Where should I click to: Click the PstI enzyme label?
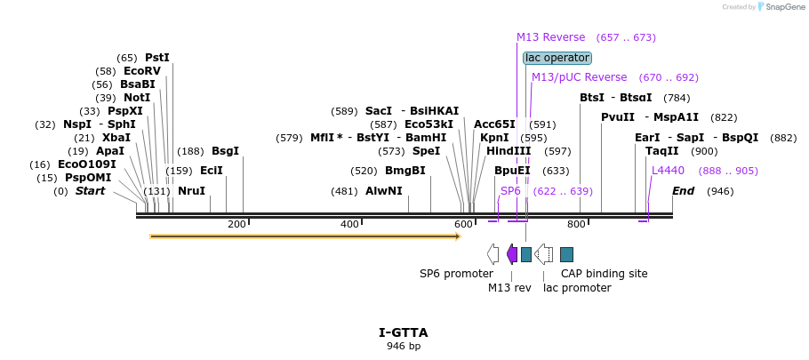tap(156, 58)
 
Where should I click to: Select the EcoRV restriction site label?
tap(142, 71)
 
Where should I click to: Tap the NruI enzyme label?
tap(191, 191)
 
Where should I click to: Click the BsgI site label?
tap(225, 151)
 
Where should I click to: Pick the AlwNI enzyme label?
tap(384, 191)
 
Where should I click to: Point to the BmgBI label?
tap(404, 171)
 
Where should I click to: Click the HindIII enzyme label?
tap(509, 151)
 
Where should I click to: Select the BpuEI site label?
tap(512, 171)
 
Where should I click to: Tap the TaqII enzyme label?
tap(662, 151)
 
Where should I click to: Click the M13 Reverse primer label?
tap(550, 37)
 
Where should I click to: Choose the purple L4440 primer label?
tap(668, 171)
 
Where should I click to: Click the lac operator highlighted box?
tap(557, 58)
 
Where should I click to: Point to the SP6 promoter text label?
tap(456, 274)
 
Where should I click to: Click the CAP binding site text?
tap(604, 274)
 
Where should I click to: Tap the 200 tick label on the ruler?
tap(236, 224)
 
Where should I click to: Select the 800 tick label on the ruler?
tap(576, 224)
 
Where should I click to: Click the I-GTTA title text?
tap(403, 332)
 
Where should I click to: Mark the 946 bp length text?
tap(403, 346)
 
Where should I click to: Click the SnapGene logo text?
tap(783, 7)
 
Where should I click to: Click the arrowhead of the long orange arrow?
tap(457, 236)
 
